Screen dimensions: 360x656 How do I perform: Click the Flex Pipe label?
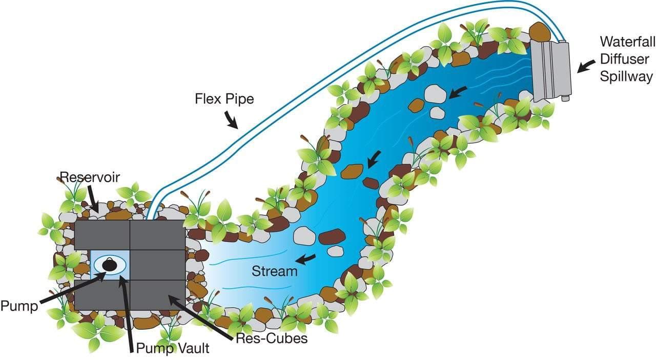click(x=224, y=98)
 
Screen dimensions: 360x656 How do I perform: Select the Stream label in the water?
click(x=274, y=271)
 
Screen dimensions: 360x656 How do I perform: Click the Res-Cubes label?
click(x=271, y=338)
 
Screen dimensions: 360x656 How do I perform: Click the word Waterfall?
click(x=627, y=41)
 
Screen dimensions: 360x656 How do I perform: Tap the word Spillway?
click(x=627, y=77)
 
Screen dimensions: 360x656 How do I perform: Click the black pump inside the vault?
click(x=109, y=264)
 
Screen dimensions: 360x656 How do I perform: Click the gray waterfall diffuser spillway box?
click(x=550, y=69)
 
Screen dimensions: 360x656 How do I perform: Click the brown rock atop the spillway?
click(x=539, y=32)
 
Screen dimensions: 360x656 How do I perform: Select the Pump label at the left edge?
click(x=19, y=306)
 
